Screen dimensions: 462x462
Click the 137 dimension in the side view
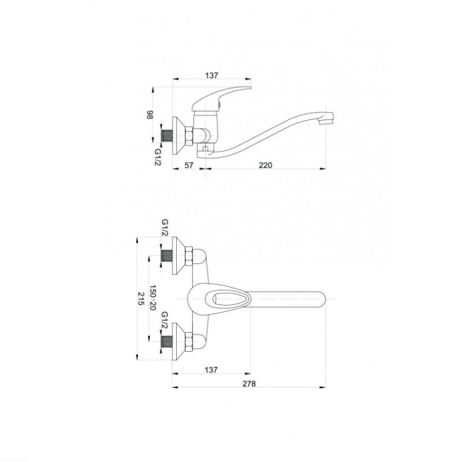(x=211, y=75)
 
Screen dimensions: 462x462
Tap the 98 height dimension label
(x=150, y=115)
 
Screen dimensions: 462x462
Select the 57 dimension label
(x=189, y=165)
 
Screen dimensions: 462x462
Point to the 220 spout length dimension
(x=265, y=165)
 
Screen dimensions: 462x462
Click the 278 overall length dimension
(x=249, y=384)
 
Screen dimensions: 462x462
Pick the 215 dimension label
(x=141, y=299)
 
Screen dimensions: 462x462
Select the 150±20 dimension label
(x=153, y=298)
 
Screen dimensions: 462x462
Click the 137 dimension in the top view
(x=211, y=370)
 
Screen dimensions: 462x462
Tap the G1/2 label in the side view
(x=158, y=156)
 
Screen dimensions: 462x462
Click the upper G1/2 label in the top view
(x=164, y=227)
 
